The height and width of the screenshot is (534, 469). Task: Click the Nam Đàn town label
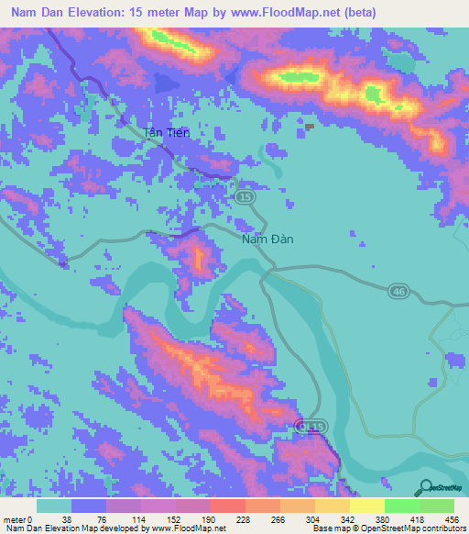coord(267,240)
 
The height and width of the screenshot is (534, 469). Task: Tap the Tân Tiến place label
coord(167,133)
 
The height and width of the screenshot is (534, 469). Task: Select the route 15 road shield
coord(244,197)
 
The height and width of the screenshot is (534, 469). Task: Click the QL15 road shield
coord(312,426)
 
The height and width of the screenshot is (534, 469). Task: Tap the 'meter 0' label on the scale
coord(17,518)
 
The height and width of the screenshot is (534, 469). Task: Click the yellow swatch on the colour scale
coord(366,506)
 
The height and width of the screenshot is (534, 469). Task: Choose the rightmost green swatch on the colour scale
coord(437,506)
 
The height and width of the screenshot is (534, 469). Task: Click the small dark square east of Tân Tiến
coord(310,127)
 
